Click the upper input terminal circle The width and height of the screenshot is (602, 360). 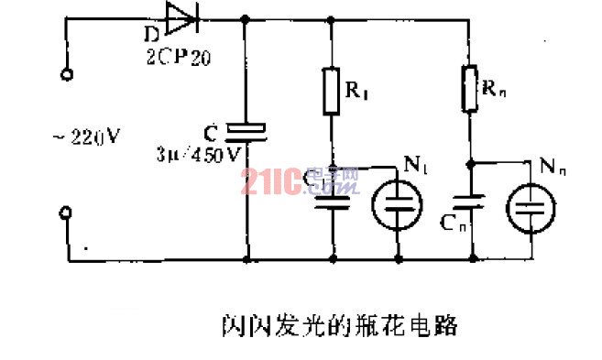[x=66, y=78]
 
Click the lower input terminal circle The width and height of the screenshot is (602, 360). [x=66, y=213]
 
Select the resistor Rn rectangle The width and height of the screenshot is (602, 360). [x=470, y=87]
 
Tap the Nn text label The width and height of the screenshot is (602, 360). [x=554, y=166]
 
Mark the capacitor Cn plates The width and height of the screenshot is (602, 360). [x=470, y=202]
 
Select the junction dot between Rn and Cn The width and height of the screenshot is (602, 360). [x=470, y=166]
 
